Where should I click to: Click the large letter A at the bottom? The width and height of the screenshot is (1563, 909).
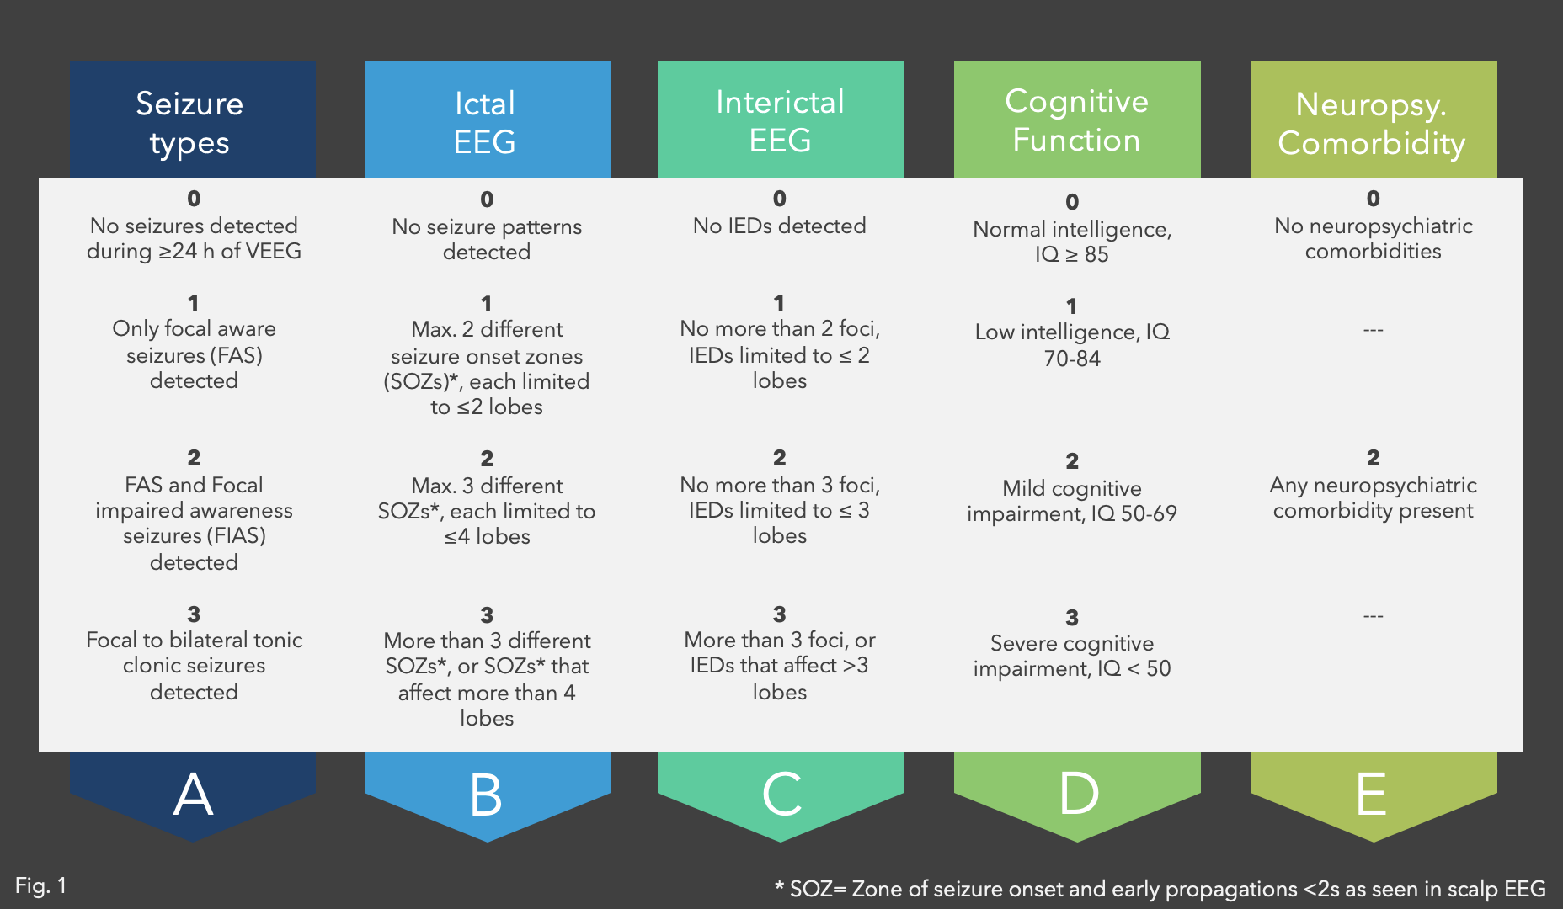tap(193, 795)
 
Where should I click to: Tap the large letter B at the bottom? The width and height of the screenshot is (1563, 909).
tap(487, 795)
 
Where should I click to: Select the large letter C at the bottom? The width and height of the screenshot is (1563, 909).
tap(781, 795)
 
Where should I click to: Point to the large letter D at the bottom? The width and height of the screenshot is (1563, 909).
tap(1079, 794)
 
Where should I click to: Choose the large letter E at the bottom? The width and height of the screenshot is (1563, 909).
tap(1372, 794)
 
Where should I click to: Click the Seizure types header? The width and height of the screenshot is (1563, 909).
tap(190, 123)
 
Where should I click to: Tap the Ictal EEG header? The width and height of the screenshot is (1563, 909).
tap(485, 123)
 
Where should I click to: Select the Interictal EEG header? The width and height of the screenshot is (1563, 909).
tap(780, 121)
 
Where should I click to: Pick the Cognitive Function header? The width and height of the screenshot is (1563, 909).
tap(1076, 120)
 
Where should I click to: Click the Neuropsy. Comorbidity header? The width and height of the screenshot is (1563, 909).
tap(1372, 124)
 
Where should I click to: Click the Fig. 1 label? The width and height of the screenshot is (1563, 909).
tap(40, 885)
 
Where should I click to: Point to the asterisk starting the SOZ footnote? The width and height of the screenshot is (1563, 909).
tap(779, 888)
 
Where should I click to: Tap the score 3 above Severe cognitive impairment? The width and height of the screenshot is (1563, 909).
tap(1072, 618)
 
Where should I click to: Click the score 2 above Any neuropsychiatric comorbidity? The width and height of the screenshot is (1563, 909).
tap(1374, 458)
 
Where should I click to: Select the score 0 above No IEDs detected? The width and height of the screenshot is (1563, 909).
tap(780, 199)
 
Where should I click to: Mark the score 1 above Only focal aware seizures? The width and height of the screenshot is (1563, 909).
tap(194, 303)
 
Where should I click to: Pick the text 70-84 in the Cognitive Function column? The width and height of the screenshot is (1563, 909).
tap(1072, 359)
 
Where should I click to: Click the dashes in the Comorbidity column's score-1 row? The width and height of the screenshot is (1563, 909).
tap(1374, 330)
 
